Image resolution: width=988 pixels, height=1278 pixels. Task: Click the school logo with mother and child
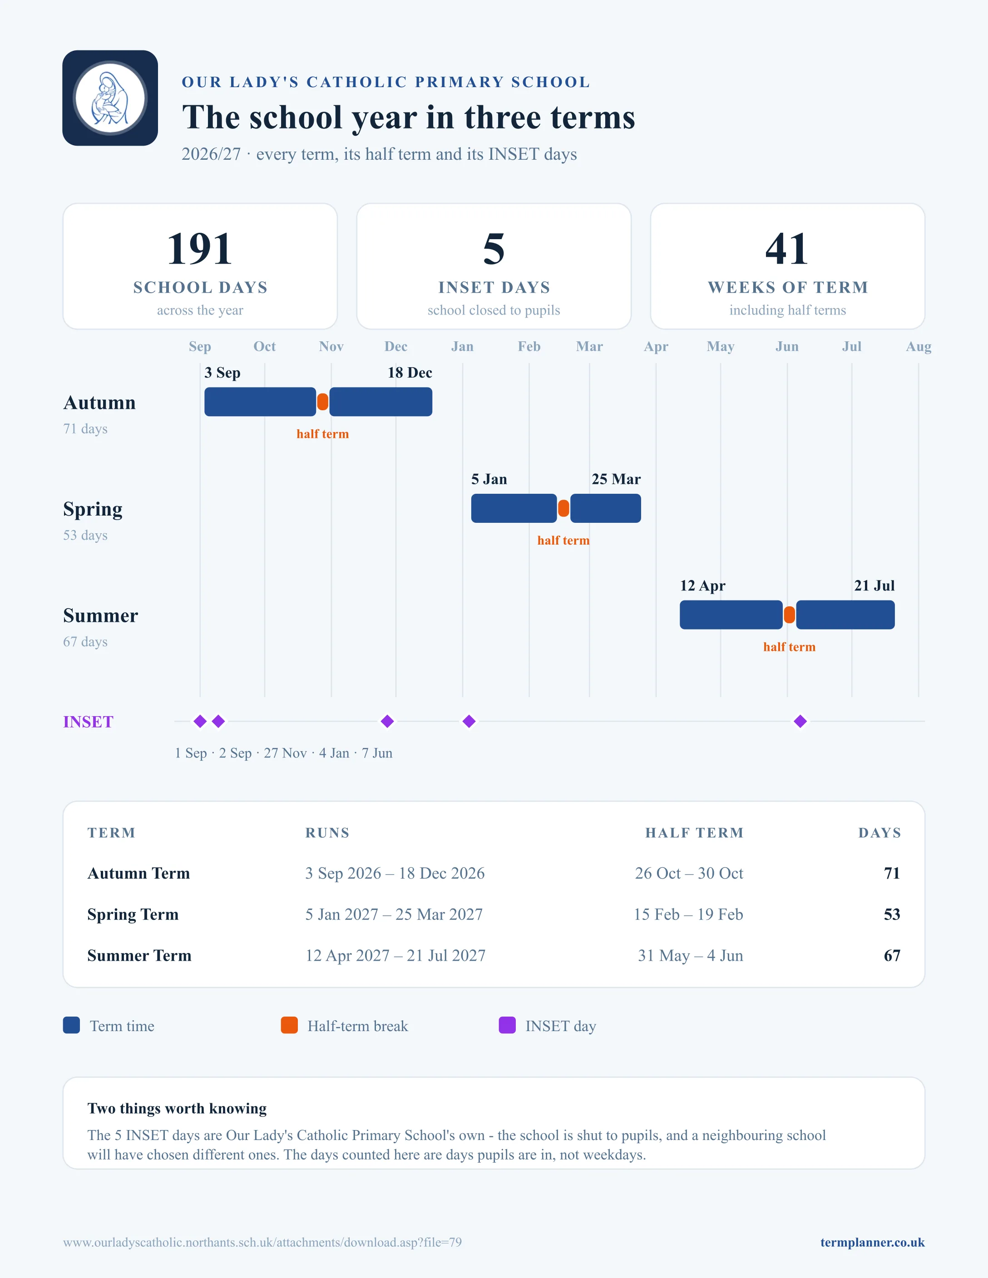click(x=110, y=98)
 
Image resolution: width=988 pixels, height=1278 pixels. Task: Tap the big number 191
click(x=200, y=249)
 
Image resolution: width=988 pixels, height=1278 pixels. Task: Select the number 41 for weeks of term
click(x=787, y=249)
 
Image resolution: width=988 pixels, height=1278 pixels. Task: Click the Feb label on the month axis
click(x=529, y=346)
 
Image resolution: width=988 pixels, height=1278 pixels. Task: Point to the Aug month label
click(x=919, y=346)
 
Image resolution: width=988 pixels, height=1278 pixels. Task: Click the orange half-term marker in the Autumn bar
click(x=322, y=402)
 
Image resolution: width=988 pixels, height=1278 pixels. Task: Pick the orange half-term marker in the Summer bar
click(x=790, y=615)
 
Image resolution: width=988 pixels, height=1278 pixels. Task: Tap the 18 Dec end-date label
click(x=410, y=373)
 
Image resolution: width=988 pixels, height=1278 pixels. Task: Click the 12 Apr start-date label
click(x=702, y=586)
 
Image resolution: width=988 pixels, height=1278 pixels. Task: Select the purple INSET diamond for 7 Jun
click(x=800, y=722)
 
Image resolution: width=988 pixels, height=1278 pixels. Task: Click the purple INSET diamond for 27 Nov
click(x=387, y=722)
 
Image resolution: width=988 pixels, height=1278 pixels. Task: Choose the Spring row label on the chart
click(x=93, y=510)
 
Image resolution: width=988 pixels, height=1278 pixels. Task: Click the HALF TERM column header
click(x=694, y=833)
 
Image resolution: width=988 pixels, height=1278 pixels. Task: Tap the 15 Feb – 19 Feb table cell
click(x=688, y=914)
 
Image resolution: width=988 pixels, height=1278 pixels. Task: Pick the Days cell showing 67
click(x=892, y=956)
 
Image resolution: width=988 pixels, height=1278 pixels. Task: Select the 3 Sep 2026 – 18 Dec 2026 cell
click(x=395, y=873)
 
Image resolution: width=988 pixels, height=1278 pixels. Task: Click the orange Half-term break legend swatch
click(x=289, y=1025)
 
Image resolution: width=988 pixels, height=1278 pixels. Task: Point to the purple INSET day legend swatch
click(x=507, y=1025)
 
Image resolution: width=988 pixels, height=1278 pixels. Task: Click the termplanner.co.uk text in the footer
click(x=872, y=1242)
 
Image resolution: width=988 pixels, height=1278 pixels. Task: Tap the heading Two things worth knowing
click(x=177, y=1108)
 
